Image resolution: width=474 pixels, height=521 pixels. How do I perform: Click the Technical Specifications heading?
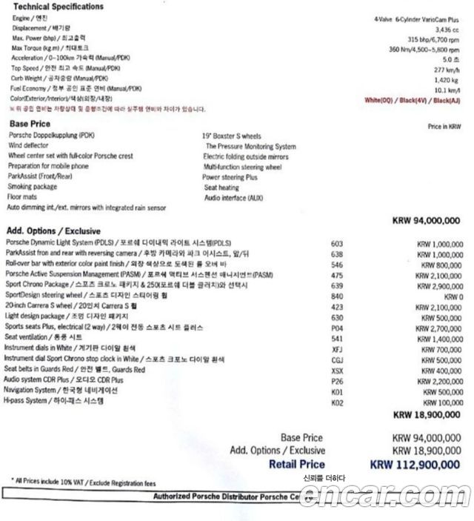(x=56, y=7)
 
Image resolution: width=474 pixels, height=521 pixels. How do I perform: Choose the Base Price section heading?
(x=30, y=124)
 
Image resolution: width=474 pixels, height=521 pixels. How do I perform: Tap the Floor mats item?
(x=23, y=197)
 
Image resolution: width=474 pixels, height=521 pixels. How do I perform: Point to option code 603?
(x=337, y=243)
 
